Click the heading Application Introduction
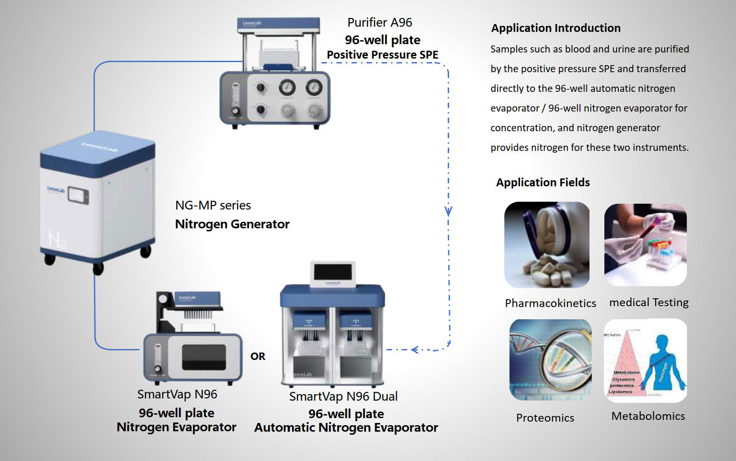(x=555, y=28)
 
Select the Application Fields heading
(x=543, y=182)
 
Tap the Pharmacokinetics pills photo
(x=547, y=244)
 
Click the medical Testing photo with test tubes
(x=645, y=244)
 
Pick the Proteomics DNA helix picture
(x=550, y=359)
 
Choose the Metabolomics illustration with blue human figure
(x=645, y=360)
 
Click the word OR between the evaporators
(x=258, y=356)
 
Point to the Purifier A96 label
(x=380, y=22)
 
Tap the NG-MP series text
(x=213, y=205)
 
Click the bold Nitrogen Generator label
(x=232, y=224)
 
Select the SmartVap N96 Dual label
(x=343, y=396)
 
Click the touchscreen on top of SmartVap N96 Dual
(x=333, y=272)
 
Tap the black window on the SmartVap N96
(x=204, y=357)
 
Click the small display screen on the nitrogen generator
(x=78, y=196)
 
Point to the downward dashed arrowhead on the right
(x=448, y=212)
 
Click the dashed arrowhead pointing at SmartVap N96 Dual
(x=415, y=349)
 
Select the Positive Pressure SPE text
(x=382, y=55)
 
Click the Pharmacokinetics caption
(x=550, y=303)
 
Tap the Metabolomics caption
(x=648, y=416)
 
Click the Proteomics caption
(x=545, y=418)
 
